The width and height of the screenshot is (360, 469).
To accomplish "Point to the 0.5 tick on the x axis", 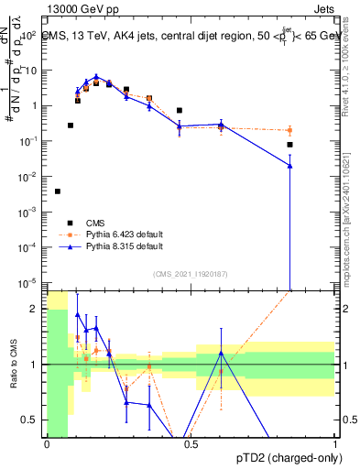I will tap(191, 444).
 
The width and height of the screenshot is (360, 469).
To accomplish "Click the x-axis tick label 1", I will tap(334, 444).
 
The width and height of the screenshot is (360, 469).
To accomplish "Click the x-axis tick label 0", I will tap(47, 444).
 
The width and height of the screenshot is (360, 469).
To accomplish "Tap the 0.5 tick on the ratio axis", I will tap(33, 420).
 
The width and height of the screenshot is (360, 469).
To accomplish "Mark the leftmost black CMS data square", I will tap(58, 191).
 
